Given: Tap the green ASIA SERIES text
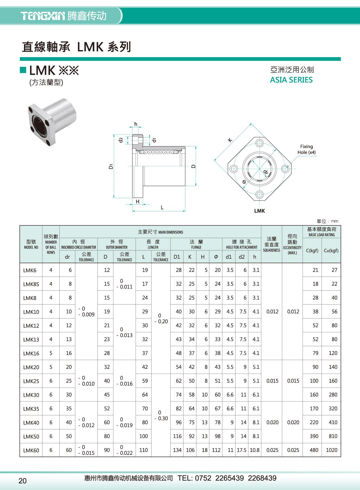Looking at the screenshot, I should pos(291,80).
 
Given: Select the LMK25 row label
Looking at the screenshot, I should pos(31,381).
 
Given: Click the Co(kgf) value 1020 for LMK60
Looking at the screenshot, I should pos(331,450).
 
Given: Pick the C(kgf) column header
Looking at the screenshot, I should pos(312,250).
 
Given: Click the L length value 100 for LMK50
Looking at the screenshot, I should pos(143,436).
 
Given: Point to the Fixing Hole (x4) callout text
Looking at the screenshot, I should pos(306,149).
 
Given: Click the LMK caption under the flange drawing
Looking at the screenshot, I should pos(259,211).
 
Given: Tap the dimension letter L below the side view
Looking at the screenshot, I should pos(162,208).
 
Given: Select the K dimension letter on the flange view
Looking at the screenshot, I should pos(230,140).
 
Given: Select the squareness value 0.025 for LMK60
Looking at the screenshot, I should pos(272,450).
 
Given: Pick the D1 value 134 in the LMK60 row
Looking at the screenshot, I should pos(177,450).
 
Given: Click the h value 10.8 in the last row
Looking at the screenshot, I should pos(255,450).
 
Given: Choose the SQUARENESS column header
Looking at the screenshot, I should pos(271,245).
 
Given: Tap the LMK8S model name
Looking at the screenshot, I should pos(31,284).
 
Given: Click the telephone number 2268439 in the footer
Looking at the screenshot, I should pos(262,478).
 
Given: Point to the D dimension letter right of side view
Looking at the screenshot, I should pos(193,166).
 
